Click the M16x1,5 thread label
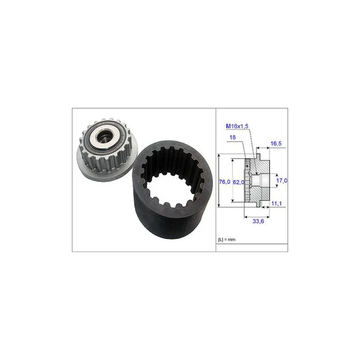[237, 126]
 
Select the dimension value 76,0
[224, 182]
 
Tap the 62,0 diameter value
[238, 182]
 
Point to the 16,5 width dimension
[276, 144]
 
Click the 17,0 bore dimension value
[282, 181]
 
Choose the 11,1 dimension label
[277, 204]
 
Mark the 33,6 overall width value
[258, 221]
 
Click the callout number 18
[232, 137]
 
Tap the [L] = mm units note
[227, 240]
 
